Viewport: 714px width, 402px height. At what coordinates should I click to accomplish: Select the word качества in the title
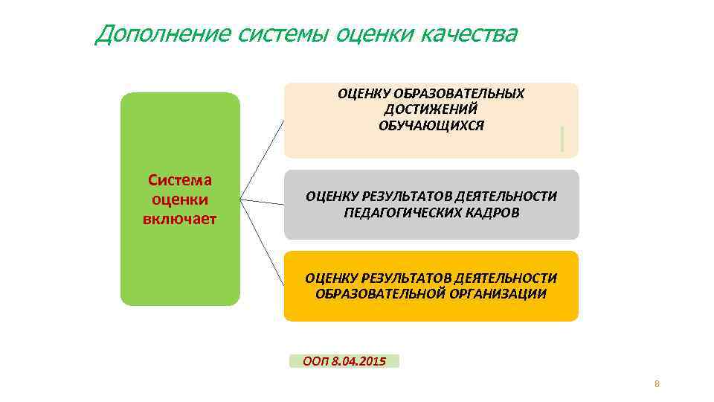(x=468, y=33)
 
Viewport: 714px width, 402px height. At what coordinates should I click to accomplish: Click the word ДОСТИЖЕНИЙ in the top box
(x=431, y=109)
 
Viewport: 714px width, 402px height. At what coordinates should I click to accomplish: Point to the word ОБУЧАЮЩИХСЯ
(x=431, y=125)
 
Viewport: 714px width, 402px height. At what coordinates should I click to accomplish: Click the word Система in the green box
(x=180, y=180)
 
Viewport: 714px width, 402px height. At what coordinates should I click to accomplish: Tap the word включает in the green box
(x=180, y=218)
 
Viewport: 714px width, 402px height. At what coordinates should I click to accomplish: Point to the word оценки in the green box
(x=180, y=200)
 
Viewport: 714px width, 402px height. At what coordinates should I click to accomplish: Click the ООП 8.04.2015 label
(x=344, y=361)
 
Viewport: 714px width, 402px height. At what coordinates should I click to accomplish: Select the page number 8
(x=657, y=384)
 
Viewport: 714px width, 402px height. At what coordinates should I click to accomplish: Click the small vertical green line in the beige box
(x=562, y=139)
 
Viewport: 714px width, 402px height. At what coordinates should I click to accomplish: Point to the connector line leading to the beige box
(x=262, y=160)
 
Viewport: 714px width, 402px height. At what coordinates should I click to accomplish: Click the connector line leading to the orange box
(x=263, y=238)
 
